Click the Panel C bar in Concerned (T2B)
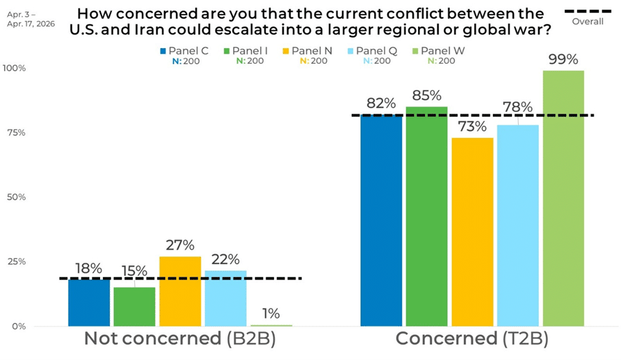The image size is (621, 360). (x=381, y=219)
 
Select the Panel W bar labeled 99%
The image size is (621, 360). (x=563, y=199)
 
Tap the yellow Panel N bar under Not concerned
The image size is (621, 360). (x=180, y=291)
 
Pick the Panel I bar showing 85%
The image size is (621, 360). (x=426, y=216)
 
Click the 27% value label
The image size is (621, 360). (x=180, y=245)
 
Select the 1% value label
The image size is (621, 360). (x=271, y=313)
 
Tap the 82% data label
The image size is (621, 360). (x=381, y=104)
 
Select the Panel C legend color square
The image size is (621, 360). (x=163, y=51)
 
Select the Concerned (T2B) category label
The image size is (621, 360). (x=472, y=339)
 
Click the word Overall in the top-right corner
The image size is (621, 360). (x=587, y=21)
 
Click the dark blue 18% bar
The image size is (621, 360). (x=89, y=302)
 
